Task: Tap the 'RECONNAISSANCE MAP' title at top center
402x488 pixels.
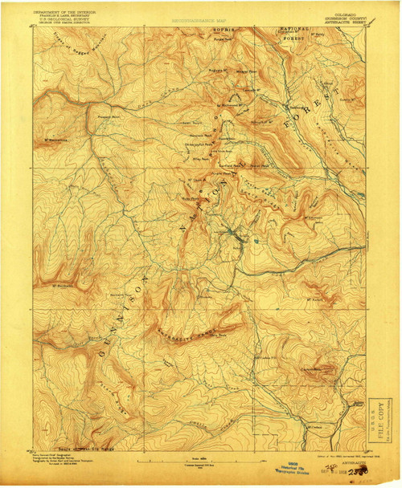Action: coord(200,14)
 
